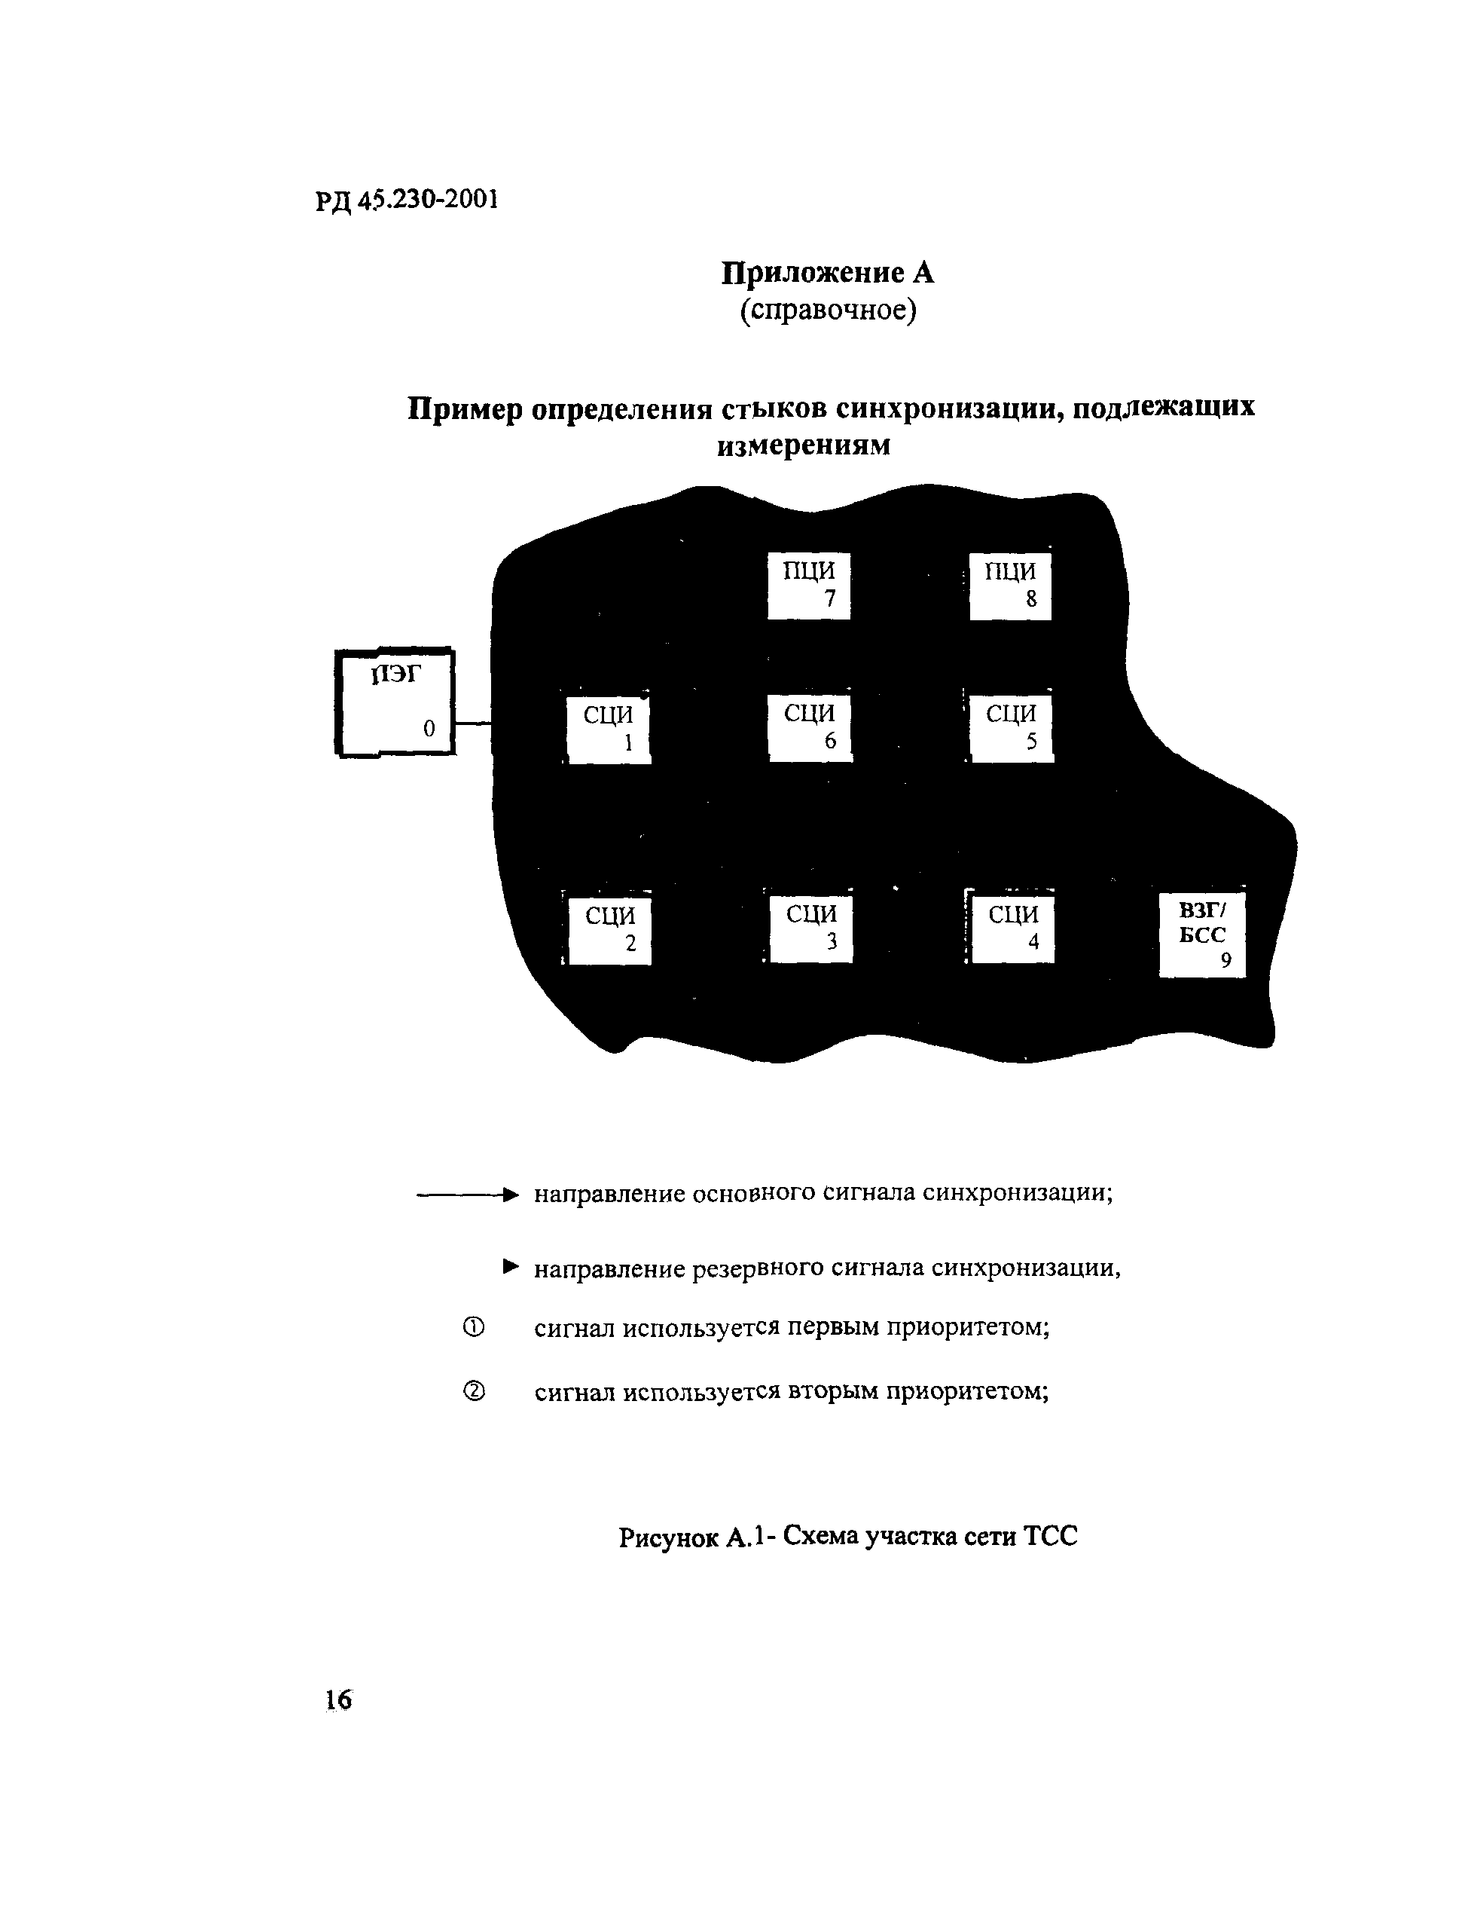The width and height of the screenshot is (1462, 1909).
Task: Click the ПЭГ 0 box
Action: click(395, 702)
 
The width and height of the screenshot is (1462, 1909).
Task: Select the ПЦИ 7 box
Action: click(808, 585)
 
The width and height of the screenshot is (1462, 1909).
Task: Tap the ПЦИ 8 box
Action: click(1010, 586)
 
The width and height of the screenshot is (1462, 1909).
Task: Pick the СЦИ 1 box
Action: click(609, 730)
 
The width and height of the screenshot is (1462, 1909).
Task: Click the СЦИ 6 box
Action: click(809, 727)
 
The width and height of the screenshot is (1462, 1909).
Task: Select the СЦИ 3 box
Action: click(811, 928)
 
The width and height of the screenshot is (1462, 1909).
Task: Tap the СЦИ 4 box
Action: click(1013, 928)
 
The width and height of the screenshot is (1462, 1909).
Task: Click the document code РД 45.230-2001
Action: click(407, 200)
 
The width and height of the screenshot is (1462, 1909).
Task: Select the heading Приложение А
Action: click(828, 274)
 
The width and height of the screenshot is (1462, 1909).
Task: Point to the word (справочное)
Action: click(828, 310)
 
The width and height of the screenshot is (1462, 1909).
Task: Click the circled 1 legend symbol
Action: click(474, 1327)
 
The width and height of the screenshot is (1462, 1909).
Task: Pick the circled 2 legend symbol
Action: click(474, 1392)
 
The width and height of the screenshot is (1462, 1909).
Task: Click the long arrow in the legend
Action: click(467, 1195)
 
